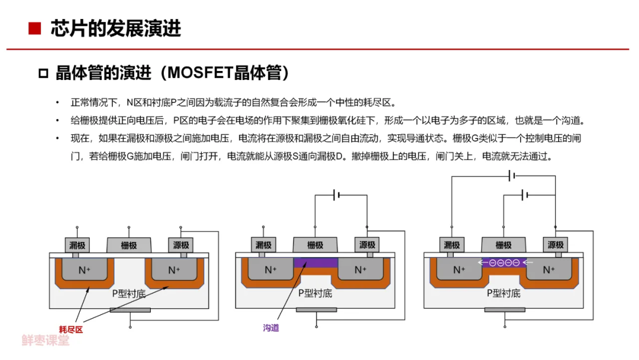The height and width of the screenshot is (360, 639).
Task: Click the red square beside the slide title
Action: point(35,28)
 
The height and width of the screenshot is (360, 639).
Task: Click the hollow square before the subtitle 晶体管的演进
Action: point(43,73)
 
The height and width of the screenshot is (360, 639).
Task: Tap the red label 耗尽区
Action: point(71,329)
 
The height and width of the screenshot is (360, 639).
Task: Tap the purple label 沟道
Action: point(271,328)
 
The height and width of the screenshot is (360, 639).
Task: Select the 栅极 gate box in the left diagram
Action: point(129,245)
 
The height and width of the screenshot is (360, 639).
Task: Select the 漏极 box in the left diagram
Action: point(77,245)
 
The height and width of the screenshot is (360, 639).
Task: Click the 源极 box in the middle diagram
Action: point(367,245)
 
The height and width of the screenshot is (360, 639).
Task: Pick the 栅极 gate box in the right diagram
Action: point(504,245)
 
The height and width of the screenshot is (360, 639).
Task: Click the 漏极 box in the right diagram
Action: point(451,245)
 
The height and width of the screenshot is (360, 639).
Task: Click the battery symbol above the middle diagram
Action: point(337,195)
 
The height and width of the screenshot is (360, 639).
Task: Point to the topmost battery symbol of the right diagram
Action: point(512,176)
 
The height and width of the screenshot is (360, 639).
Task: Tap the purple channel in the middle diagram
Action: point(316,262)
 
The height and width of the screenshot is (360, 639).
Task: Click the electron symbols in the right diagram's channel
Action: point(505,262)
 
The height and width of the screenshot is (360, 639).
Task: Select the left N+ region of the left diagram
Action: point(85,269)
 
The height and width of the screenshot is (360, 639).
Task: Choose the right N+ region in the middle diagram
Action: point(361,269)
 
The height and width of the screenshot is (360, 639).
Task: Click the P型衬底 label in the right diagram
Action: point(504,293)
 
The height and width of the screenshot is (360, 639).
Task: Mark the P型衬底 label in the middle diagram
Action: point(315,293)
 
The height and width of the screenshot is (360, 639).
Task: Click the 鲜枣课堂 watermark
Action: point(46,340)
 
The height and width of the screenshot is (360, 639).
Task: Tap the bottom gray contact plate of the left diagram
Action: point(130,310)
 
